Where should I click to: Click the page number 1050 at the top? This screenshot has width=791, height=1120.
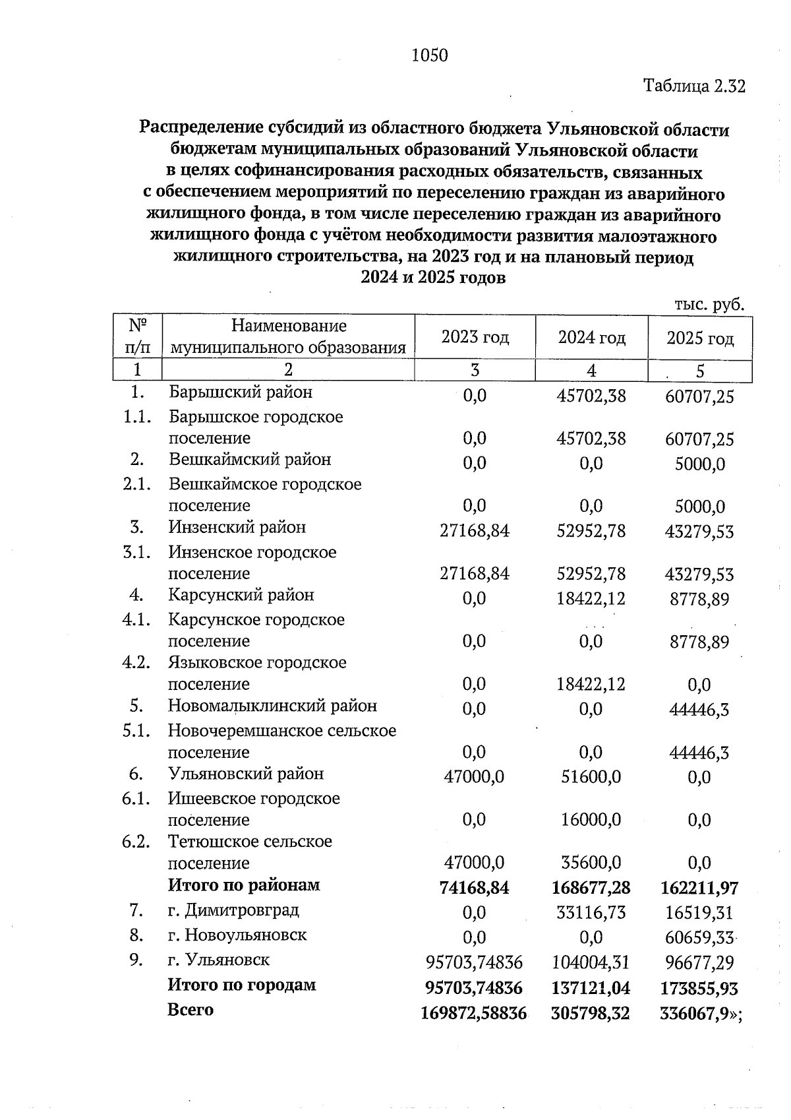pos(429,56)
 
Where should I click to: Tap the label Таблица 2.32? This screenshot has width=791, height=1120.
pos(694,86)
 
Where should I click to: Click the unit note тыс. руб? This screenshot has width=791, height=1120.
pos(709,305)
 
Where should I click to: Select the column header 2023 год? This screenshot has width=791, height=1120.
pos(475,338)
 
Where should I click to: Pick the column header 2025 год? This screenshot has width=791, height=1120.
pos(699,338)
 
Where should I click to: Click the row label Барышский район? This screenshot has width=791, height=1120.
pos(240,392)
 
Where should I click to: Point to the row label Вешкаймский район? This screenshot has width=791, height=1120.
pos(249,460)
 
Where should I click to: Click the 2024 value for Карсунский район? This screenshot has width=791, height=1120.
pos(591,599)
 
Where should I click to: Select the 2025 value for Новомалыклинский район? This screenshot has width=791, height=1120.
pos(699,710)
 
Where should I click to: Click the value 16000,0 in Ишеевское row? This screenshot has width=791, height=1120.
pos(591,820)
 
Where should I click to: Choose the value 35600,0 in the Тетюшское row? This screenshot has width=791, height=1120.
pos(591,863)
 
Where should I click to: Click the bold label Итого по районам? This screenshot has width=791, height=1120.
pos(243,885)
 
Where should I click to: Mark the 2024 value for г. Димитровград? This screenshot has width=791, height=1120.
pos(591,913)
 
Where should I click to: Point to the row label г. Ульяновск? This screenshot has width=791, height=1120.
pos(218,960)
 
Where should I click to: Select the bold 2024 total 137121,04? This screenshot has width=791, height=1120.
pos(591,988)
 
